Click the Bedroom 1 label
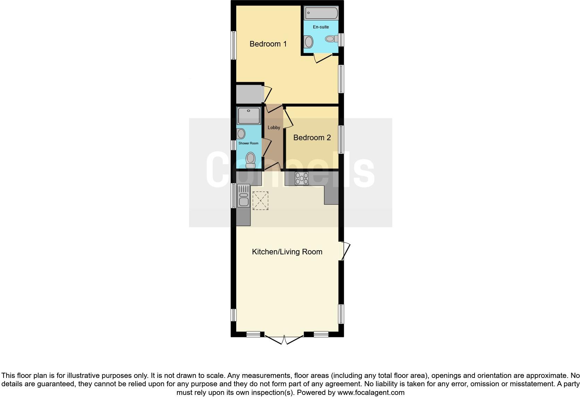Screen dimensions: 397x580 pyautogui.click(x=268, y=44)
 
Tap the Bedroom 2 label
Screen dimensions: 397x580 pyautogui.click(x=312, y=138)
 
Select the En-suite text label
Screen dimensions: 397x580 pyautogui.click(x=321, y=27)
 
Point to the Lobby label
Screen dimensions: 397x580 pyautogui.click(x=274, y=128)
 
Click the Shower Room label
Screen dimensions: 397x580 pyautogui.click(x=248, y=143)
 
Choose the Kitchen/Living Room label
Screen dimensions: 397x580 pyautogui.click(x=287, y=252)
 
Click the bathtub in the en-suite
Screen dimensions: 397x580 pyautogui.click(x=321, y=13)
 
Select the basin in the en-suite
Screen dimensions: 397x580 pyautogui.click(x=308, y=42)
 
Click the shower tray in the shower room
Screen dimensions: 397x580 pyautogui.click(x=249, y=116)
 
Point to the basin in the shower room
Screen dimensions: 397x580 pyautogui.click(x=241, y=133)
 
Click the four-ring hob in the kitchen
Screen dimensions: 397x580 pyautogui.click(x=301, y=178)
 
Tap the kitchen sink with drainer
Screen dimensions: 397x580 pyautogui.click(x=244, y=196)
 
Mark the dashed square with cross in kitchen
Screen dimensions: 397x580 pyautogui.click(x=260, y=201)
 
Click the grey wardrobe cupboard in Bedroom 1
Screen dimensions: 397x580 pyautogui.click(x=248, y=94)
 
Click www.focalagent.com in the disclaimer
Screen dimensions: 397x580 pyautogui.click(x=371, y=393)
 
